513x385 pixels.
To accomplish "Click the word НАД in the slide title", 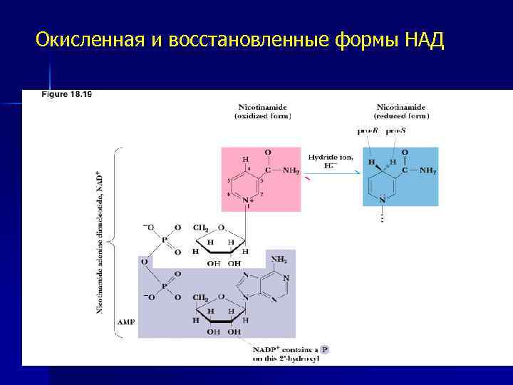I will pos(425,40).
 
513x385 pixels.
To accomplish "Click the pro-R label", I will pos(367,131).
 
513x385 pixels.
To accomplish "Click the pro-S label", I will pos(396,131).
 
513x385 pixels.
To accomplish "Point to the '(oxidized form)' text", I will pos(263,115).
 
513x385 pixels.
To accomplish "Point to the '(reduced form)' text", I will pos(402,115).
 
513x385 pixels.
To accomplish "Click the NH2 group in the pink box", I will pos(290,170).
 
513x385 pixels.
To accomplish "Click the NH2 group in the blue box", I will pos(428,170).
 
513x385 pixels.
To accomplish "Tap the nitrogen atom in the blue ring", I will pos(382,200).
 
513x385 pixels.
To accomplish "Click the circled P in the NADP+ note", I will pos(324,349).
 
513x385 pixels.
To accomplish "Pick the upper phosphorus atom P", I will pos(163,240).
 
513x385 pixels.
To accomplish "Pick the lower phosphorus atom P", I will pos(163,285).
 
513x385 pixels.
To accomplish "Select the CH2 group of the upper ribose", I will pos(201,228).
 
